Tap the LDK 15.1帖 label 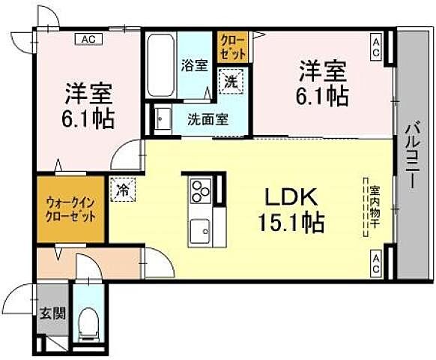[x=293, y=210]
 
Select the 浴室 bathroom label [x=194, y=64]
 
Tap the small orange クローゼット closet [x=228, y=47]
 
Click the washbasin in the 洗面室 [x=162, y=118]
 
